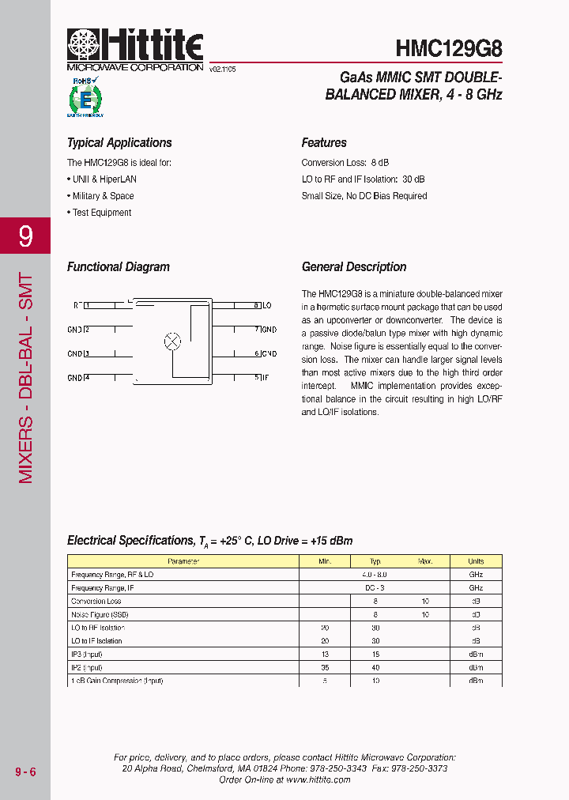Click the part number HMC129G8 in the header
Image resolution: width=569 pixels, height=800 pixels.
(x=448, y=48)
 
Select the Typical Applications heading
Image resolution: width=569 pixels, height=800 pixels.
(x=119, y=143)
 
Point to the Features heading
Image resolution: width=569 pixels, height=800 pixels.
(x=324, y=143)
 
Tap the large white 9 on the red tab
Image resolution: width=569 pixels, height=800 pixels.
(x=25, y=236)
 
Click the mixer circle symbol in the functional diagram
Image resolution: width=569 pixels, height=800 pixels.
(x=172, y=342)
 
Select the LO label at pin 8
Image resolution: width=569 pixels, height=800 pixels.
(x=267, y=305)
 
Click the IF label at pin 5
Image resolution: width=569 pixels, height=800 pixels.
(x=266, y=378)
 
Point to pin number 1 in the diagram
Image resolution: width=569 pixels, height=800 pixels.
(x=87, y=305)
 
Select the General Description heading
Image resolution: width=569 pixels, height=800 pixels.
(x=354, y=267)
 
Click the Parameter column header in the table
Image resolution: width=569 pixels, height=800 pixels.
(x=183, y=561)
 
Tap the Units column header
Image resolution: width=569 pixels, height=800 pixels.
(x=476, y=561)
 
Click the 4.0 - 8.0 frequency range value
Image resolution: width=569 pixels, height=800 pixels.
(x=375, y=575)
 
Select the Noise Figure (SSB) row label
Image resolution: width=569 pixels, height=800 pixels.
(x=100, y=614)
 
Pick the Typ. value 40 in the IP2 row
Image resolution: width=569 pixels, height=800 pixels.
(x=376, y=667)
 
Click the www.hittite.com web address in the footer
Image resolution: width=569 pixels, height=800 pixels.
(x=318, y=779)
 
